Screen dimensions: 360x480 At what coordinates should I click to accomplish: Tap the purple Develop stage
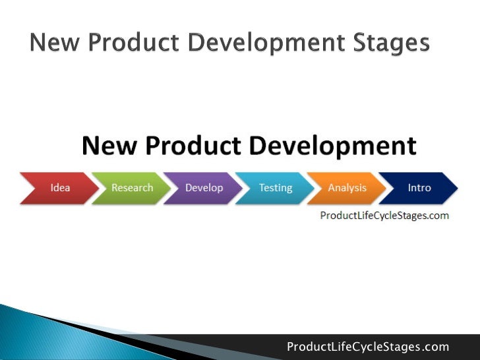[203, 188]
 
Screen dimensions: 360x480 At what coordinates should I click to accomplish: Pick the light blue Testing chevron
[275, 188]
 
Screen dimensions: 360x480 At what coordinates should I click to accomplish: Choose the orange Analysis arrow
[347, 188]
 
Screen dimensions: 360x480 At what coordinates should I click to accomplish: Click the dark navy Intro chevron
[419, 188]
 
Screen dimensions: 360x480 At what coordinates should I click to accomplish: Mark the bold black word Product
[201, 146]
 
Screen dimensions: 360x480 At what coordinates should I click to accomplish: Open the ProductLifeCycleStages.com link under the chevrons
[384, 216]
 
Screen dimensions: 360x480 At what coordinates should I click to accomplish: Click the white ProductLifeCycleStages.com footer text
[368, 347]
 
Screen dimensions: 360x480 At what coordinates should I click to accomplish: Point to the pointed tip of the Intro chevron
[456, 188]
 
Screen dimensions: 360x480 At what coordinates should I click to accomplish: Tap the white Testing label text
[276, 188]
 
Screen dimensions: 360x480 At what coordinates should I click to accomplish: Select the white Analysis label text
[347, 188]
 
